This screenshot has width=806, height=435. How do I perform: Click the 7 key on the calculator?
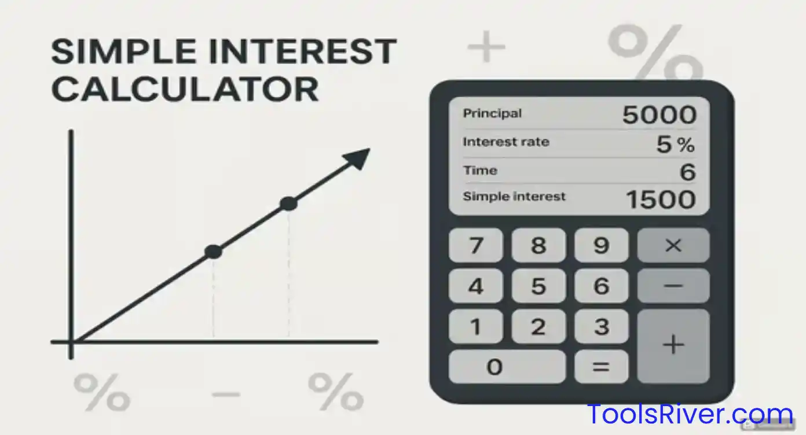coord(476,245)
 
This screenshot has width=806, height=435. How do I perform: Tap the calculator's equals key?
coord(601,366)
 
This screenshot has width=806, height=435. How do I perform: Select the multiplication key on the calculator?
coord(673,245)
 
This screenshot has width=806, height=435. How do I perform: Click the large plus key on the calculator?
coord(673,345)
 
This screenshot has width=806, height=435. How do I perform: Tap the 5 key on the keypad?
coord(538,286)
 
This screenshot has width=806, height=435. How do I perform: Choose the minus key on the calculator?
coord(673,286)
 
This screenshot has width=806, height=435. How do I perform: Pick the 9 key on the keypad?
coord(601,245)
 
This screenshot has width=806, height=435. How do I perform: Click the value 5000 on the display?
coord(659,115)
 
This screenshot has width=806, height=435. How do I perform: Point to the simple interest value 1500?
coord(661,200)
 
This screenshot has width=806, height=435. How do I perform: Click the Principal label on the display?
coord(492,113)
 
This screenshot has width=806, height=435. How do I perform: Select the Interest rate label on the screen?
coord(506,142)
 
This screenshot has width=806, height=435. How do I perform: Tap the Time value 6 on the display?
coord(687,172)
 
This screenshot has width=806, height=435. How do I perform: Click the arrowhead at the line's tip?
coord(358,157)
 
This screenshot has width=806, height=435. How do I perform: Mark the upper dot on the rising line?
coord(288,204)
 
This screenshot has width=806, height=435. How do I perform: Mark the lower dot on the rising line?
coord(213,252)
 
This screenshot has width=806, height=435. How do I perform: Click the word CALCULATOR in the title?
coord(185,89)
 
